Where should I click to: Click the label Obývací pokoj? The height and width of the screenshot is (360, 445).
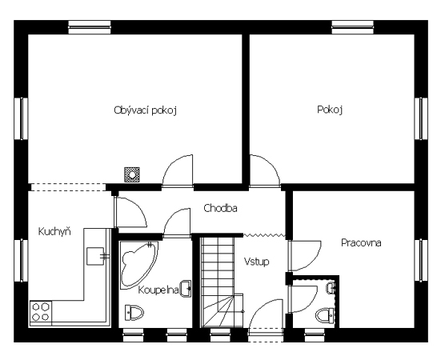(146, 110)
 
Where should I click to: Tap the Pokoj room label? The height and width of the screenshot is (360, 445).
(330, 110)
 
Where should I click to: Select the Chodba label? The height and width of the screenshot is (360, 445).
(221, 208)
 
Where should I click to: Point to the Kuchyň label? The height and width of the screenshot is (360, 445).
(54, 231)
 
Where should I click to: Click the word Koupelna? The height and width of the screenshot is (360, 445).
(158, 290)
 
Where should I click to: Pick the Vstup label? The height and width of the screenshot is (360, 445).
(257, 262)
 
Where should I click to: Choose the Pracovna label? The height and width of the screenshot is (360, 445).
(361, 243)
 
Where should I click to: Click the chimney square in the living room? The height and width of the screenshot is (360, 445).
(132, 174)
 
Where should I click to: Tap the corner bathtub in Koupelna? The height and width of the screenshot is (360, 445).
(138, 265)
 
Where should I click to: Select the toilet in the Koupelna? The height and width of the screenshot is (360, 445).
(134, 313)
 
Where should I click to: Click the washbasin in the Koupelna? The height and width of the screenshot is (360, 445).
(186, 289)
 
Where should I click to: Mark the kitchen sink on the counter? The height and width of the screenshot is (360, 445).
(95, 256)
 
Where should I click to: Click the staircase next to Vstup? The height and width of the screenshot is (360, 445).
(222, 282)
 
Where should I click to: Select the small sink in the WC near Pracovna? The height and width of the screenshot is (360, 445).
(331, 288)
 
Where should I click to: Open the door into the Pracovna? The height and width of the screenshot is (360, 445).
(305, 256)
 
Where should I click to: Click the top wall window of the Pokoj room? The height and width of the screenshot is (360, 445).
(353, 27)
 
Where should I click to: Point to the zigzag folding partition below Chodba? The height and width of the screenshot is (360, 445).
(264, 235)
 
